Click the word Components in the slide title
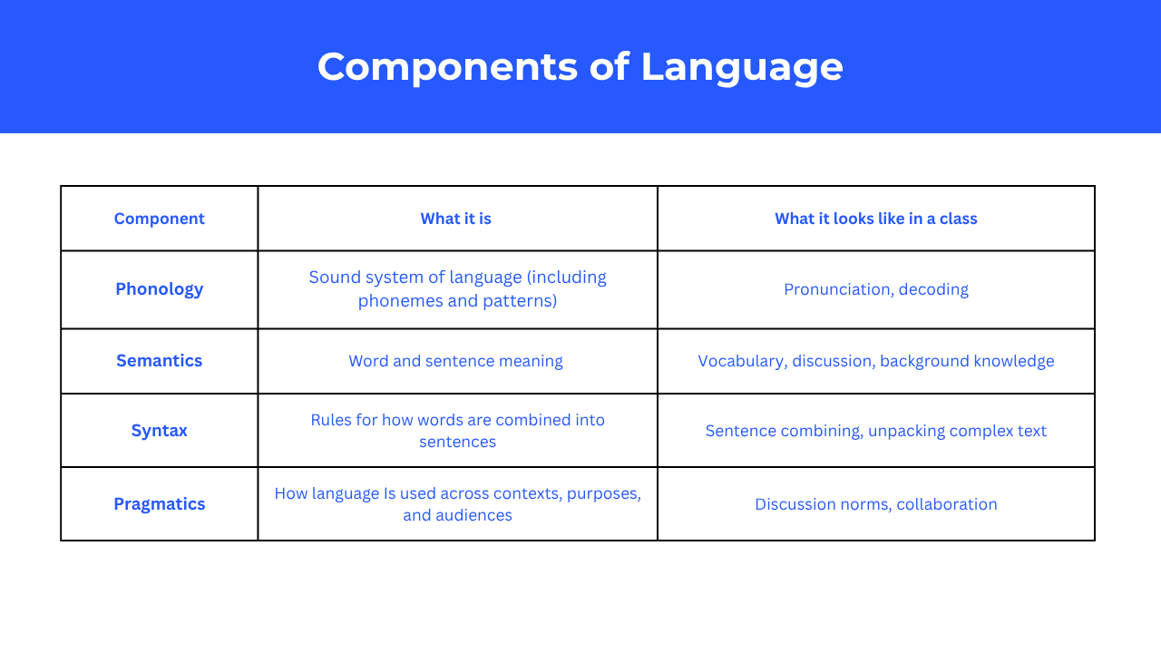pyautogui.click(x=447, y=67)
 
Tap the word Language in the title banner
pyautogui.click(x=742, y=68)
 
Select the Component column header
pyautogui.click(x=159, y=219)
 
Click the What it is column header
pyautogui.click(x=455, y=219)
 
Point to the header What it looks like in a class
pyautogui.click(x=876, y=219)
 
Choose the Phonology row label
pyautogui.click(x=159, y=289)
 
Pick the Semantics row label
pyautogui.click(x=159, y=361)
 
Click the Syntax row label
pyautogui.click(x=159, y=431)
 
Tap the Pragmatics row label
pyautogui.click(x=159, y=504)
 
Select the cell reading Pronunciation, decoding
pyautogui.click(x=876, y=289)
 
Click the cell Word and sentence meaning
pyautogui.click(x=455, y=361)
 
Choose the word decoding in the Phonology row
pyautogui.click(x=933, y=289)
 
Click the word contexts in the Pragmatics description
pyautogui.click(x=528, y=493)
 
